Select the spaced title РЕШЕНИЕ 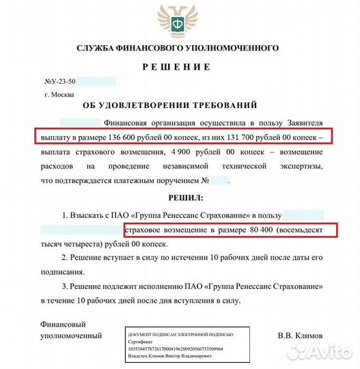[176, 67]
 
